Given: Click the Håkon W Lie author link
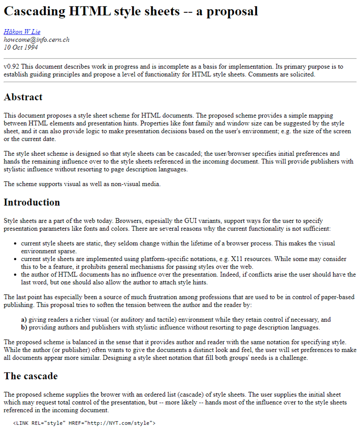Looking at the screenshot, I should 22,32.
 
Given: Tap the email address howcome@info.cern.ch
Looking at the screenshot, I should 36,40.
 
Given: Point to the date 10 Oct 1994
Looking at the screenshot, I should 21,47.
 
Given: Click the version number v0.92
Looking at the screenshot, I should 11,67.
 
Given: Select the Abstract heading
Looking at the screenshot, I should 23,97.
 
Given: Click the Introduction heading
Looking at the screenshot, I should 32,202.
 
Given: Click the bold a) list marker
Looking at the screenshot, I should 24,320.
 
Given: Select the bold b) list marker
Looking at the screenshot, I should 24,328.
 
